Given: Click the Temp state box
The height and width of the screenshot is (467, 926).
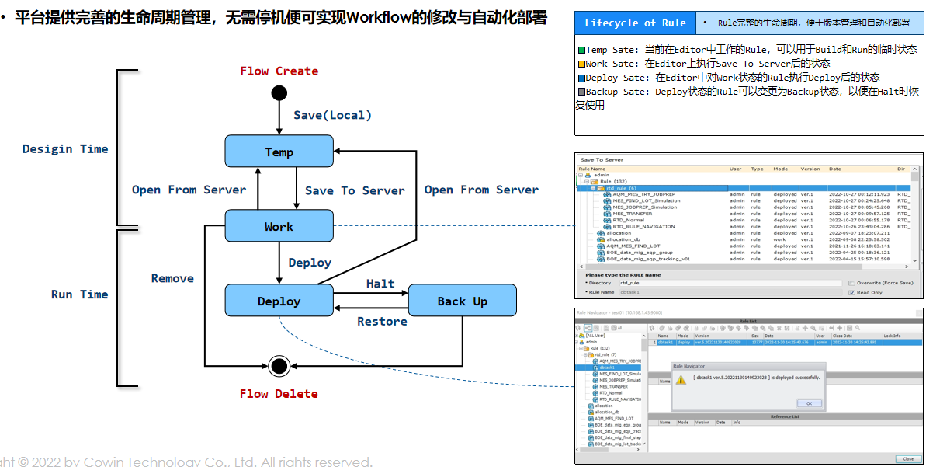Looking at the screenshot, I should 279,151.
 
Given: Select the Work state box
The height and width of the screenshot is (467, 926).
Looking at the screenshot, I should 279,226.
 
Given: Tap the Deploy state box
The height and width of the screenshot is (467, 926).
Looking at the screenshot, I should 279,301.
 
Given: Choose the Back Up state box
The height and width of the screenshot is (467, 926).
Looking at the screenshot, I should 463,301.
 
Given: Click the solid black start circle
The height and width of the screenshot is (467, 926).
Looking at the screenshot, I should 279,93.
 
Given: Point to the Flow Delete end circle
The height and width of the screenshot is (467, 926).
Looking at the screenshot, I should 279,365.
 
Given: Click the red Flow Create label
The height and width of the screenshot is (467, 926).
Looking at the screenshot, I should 279,71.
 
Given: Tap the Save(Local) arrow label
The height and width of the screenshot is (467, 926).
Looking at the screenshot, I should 332,115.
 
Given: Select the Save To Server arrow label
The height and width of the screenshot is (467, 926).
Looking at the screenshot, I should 355,190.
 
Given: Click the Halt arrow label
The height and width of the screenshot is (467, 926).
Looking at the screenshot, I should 380,284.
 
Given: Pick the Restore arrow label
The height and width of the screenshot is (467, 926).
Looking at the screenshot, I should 382,321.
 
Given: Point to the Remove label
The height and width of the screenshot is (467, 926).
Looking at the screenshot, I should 172,278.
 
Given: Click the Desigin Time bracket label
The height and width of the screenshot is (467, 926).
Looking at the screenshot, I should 65,148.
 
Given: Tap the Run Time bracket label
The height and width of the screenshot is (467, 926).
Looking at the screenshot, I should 79,294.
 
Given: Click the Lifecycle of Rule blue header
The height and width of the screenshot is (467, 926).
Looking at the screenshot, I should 635,23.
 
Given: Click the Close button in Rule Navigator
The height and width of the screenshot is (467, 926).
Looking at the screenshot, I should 907,458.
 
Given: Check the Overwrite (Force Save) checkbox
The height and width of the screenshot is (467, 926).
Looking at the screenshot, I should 851,283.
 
